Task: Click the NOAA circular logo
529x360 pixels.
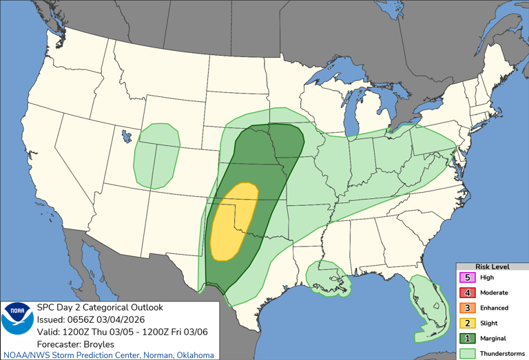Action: pyautogui.click(x=17, y=319)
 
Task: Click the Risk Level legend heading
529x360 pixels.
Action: pyautogui.click(x=492, y=266)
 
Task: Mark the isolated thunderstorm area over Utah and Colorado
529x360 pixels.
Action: pyautogui.click(x=157, y=155)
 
